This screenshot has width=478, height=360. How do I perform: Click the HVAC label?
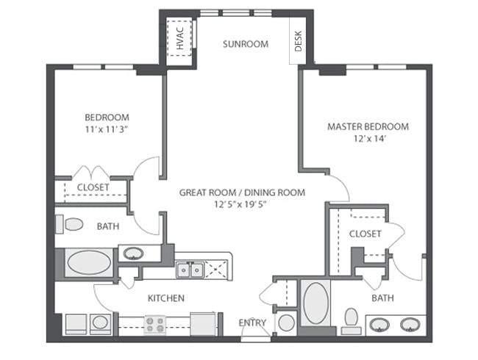180,38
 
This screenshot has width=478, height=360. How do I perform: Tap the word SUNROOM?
246,44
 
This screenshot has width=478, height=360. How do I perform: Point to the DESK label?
298,41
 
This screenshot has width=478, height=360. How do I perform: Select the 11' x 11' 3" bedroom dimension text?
107,130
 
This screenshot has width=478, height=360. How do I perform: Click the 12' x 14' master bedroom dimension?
370,139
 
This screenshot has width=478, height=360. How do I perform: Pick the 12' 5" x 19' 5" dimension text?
240,204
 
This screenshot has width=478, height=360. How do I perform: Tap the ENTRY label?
252,323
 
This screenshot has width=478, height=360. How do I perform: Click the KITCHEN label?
166,298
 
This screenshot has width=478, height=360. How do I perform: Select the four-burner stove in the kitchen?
155,325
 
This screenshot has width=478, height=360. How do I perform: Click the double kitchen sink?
190,270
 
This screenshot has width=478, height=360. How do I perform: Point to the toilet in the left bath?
69,225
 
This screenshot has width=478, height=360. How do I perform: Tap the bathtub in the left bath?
89,262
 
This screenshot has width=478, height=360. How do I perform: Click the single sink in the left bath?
133,253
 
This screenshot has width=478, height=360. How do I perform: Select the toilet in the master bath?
352,321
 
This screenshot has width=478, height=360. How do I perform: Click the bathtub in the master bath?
316,303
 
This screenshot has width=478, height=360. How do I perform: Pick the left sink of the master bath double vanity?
379,325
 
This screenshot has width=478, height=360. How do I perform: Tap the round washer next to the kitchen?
100,324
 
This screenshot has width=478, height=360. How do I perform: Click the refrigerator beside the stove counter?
203,324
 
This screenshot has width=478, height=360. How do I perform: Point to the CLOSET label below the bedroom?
93,187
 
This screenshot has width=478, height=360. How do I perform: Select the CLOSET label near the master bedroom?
365,234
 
